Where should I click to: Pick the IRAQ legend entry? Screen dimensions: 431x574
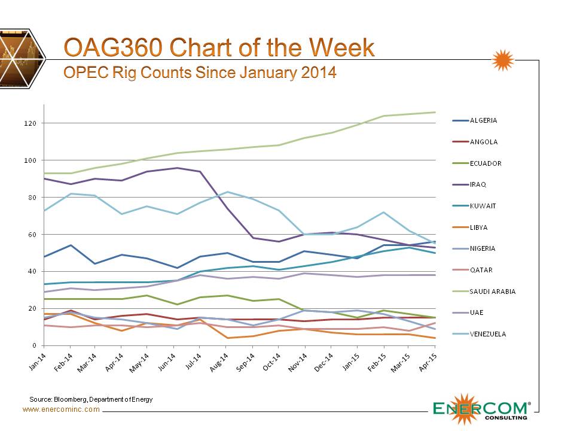pyautogui.click(x=479, y=184)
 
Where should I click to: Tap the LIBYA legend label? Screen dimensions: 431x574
pyautogui.click(x=480, y=227)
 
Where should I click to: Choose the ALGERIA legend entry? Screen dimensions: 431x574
pyautogui.click(x=483, y=120)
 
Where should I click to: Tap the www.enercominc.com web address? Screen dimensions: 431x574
pyautogui.click(x=61, y=409)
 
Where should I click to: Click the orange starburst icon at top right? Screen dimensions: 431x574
pyautogui.click(x=502, y=61)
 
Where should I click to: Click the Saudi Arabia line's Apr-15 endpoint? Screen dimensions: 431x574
pyautogui.click(x=435, y=112)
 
